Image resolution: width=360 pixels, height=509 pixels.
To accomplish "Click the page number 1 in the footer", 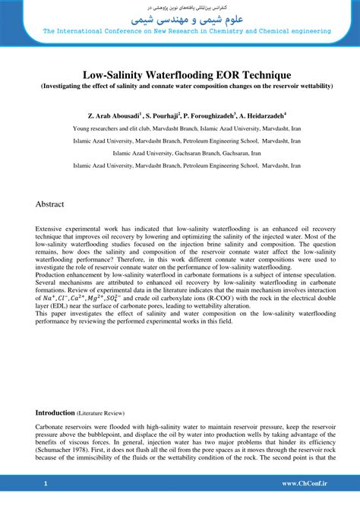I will [46, 483].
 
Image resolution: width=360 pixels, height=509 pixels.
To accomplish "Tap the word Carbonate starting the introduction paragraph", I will [53, 427].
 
